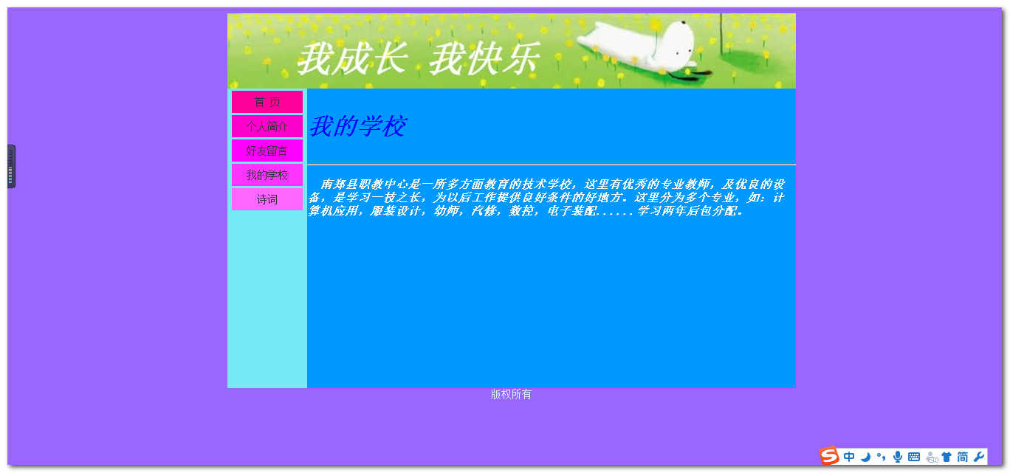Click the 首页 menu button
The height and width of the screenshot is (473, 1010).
coord(267,102)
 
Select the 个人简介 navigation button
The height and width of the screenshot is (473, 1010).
coord(267,126)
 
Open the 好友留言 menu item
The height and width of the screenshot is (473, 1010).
coord(267,151)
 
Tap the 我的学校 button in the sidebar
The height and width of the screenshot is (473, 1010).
coord(267,175)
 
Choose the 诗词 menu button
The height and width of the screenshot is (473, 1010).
coord(267,199)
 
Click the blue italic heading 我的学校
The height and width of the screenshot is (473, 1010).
coord(357,126)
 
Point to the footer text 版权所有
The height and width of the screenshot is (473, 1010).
coord(511,395)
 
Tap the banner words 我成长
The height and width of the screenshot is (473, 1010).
coord(352,59)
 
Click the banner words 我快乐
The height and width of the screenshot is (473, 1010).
coord(485,59)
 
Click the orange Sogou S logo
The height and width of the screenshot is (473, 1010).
coord(828,456)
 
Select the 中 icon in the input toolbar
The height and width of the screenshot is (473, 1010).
coord(848,457)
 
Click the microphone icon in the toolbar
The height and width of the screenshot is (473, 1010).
coord(898,457)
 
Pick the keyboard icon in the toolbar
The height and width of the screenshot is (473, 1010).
coord(914,457)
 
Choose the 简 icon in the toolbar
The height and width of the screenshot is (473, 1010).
coord(962,457)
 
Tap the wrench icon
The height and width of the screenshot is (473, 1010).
coord(978,457)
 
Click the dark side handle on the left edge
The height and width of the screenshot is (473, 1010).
coord(11,166)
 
